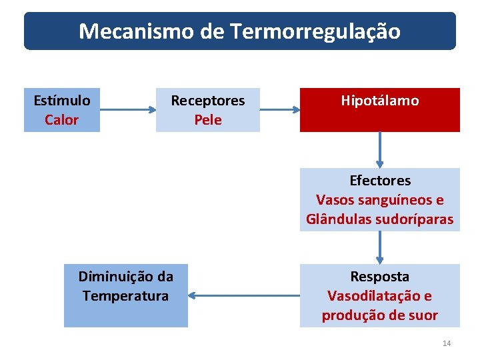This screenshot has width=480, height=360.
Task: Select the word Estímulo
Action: [x=62, y=101]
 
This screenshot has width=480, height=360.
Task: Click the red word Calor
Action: [x=61, y=120]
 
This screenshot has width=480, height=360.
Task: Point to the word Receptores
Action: [x=208, y=101]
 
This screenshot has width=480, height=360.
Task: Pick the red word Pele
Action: [x=208, y=120]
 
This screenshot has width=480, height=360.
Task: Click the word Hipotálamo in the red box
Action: [x=380, y=101]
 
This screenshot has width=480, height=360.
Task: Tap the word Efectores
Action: [x=380, y=181]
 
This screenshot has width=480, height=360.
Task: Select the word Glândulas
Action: [x=337, y=219]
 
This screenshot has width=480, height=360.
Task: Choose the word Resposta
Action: [x=380, y=276]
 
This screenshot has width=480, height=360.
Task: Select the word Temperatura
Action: [x=125, y=295]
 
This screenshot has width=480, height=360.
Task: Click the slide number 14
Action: [x=447, y=343]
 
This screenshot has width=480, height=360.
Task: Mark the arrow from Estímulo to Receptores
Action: [x=128, y=109]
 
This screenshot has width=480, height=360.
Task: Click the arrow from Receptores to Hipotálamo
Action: [x=280, y=109]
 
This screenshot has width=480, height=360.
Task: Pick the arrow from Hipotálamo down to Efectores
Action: [x=380, y=149]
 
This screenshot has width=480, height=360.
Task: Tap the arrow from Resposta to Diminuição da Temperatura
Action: [x=243, y=295]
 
